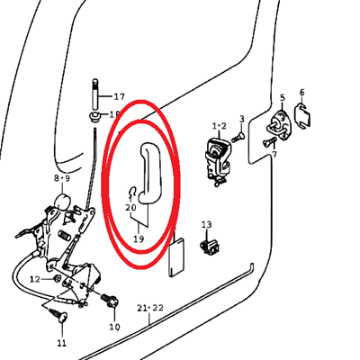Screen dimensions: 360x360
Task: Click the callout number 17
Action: (x=119, y=96)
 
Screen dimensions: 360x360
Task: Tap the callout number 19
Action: (x=139, y=239)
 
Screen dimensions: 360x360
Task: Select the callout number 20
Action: (x=130, y=207)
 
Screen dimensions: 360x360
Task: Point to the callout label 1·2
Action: (x=220, y=126)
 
